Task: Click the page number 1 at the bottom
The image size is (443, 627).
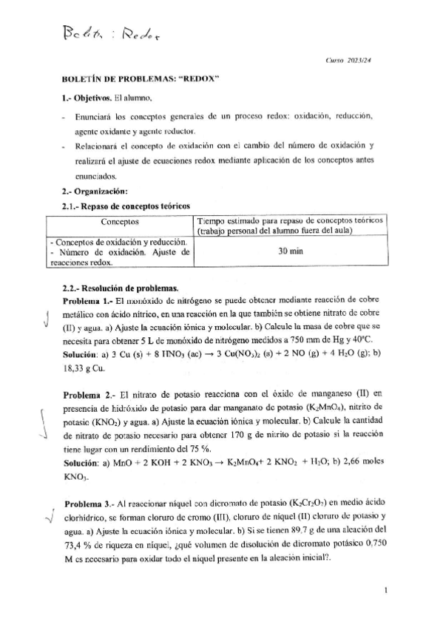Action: (388, 590)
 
